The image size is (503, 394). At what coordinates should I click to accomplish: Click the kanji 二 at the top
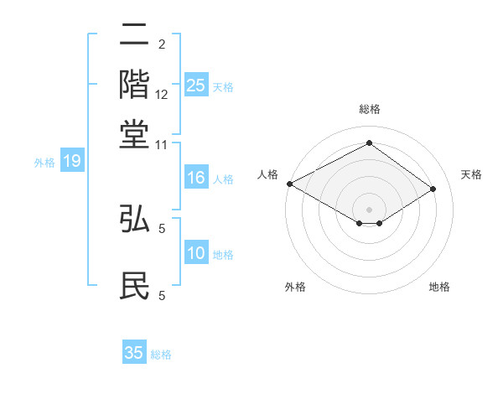point(134,37)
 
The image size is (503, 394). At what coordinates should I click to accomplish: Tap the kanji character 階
point(134,85)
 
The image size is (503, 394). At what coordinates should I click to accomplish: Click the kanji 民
point(134,286)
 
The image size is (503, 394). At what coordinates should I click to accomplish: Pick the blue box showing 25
point(195,85)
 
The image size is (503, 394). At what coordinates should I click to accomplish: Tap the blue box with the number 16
point(195,178)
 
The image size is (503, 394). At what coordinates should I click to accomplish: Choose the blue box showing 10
point(195,253)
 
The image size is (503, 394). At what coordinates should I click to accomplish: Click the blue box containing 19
point(71,161)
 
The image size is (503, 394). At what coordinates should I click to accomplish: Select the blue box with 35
point(134,353)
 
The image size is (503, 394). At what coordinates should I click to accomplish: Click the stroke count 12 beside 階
point(163,96)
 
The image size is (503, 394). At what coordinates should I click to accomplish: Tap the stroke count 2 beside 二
point(162,44)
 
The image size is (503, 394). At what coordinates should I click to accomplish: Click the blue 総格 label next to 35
point(161,355)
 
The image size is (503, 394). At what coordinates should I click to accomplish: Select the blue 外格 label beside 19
point(44,163)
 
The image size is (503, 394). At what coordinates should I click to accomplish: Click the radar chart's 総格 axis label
point(369,109)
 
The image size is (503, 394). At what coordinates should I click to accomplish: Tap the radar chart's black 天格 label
point(472,174)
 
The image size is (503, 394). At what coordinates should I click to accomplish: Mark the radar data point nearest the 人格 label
point(289,184)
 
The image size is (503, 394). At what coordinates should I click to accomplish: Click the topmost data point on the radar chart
point(369,143)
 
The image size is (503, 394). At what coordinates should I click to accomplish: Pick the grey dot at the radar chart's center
point(369,209)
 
